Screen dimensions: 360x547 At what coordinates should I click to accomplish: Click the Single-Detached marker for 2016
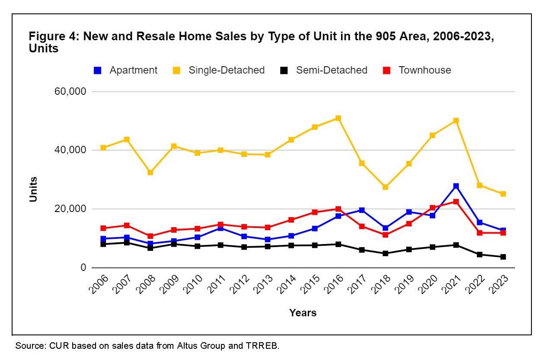coord(338,118)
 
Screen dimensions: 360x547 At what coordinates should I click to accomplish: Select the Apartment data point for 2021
coord(456,186)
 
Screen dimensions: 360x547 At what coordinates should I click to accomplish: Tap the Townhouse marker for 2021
coord(456,202)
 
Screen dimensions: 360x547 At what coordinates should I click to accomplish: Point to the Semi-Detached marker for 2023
coord(503,257)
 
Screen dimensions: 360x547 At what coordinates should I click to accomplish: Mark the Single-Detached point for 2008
coord(150,172)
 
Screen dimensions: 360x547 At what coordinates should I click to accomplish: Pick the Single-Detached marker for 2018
coord(385,187)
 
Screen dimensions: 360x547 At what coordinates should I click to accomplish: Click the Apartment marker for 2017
coord(362,210)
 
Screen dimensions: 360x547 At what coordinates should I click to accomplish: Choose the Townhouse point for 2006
coord(103,228)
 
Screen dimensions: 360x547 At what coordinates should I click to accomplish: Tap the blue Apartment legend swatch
coord(98,71)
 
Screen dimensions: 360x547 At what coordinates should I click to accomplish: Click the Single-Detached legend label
coord(227,70)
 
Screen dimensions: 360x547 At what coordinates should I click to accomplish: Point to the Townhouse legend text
coord(425,70)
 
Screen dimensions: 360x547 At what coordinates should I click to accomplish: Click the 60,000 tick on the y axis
coord(71,92)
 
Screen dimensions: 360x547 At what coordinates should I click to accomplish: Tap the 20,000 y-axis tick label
coord(71,209)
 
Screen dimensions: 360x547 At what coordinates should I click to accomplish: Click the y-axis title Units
coord(33,189)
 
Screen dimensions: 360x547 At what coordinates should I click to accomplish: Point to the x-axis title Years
coord(303,312)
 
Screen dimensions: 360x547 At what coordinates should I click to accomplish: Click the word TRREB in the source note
coord(263,346)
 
